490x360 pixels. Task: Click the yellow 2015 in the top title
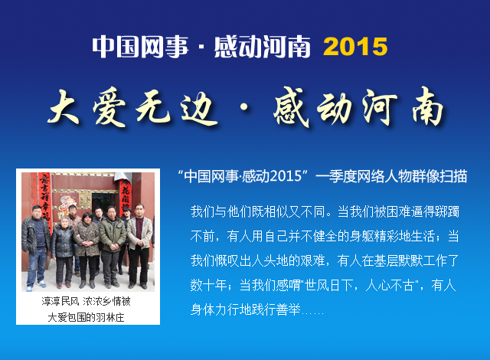[x=355, y=47]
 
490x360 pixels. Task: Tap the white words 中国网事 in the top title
[x=140, y=47]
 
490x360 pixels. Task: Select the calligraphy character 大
[x=64, y=108]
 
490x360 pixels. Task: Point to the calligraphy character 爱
[x=109, y=108]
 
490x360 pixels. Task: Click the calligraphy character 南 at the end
[x=427, y=107]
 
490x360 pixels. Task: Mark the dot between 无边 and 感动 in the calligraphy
[x=244, y=107]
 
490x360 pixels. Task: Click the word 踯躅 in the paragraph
[x=447, y=212]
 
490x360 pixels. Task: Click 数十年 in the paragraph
[x=208, y=285]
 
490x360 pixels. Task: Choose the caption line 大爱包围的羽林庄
[x=86, y=318]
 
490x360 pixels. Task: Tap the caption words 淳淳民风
[x=60, y=301]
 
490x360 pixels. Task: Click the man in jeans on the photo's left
[x=36, y=247]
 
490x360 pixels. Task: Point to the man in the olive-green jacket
[x=112, y=247]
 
